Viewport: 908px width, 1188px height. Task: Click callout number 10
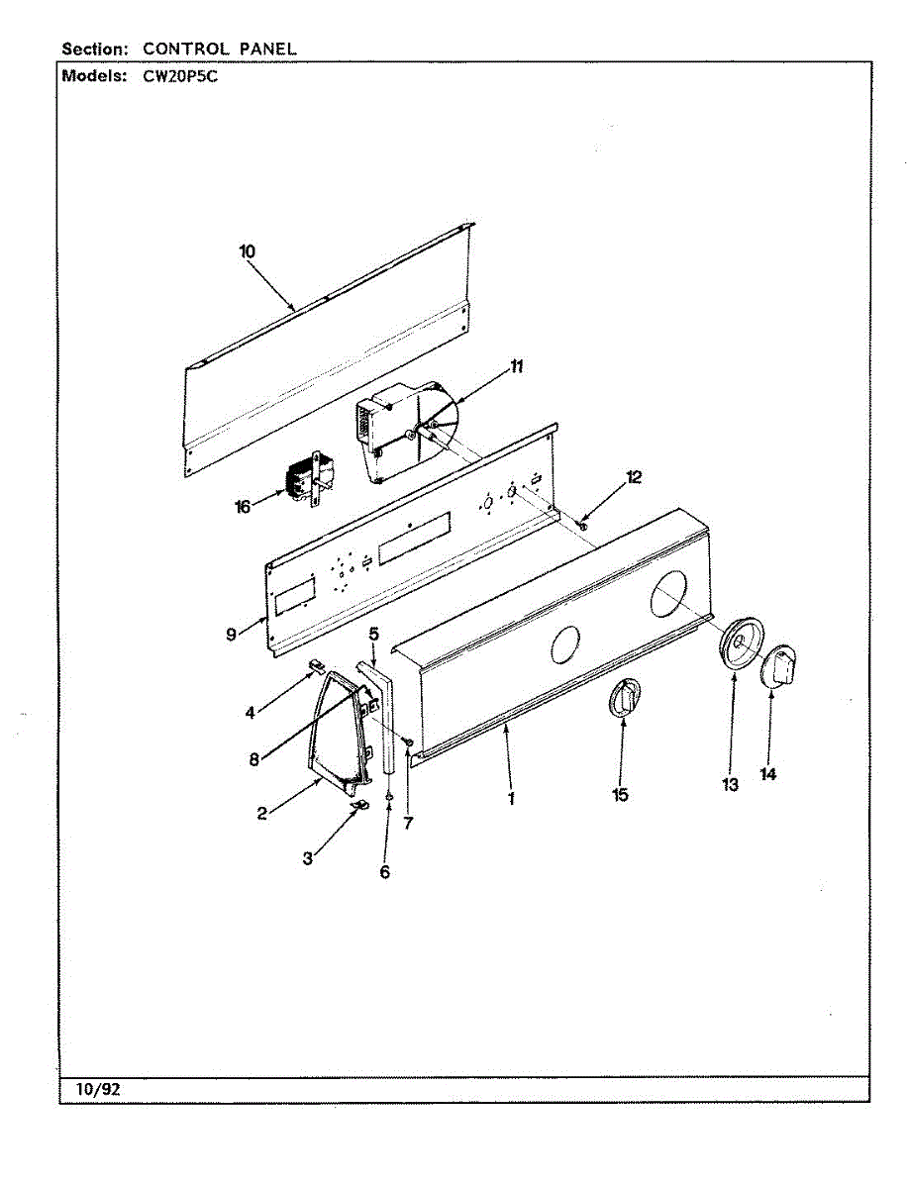coord(247,251)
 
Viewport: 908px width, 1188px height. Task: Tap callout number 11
coord(516,366)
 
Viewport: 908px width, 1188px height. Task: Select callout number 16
coord(243,507)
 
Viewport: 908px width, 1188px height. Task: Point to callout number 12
coord(634,477)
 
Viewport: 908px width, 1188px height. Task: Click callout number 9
coord(231,634)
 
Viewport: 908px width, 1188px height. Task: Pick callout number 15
coord(621,794)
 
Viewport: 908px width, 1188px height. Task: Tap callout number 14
coord(768,775)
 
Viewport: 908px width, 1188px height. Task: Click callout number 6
coord(385,871)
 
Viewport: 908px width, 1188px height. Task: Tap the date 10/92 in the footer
coord(98,1089)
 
